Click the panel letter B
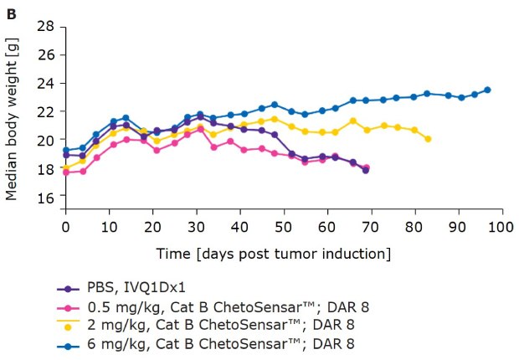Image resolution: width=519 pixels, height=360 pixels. click(11, 11)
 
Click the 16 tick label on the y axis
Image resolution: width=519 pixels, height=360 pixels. click(47, 196)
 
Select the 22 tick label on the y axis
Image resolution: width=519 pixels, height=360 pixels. click(47, 111)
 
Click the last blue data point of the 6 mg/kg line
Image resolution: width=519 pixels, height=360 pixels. click(487, 90)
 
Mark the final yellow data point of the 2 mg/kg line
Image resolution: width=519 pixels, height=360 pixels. click(428, 139)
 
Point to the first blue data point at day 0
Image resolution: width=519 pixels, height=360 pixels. click(66, 150)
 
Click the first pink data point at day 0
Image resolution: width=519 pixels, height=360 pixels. click(66, 172)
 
